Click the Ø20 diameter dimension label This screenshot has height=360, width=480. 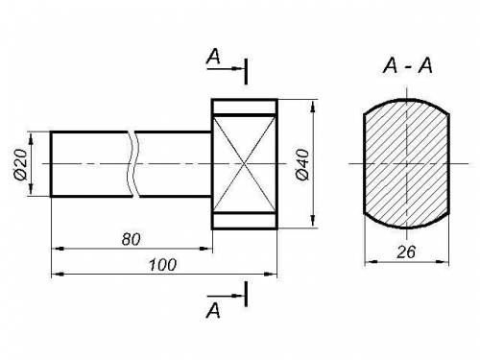(x=21, y=164)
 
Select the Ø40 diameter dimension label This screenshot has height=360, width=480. (x=302, y=164)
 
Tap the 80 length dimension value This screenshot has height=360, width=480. (x=131, y=239)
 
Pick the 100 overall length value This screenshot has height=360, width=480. (x=162, y=265)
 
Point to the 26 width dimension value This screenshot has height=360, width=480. (x=406, y=252)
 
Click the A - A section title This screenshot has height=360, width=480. (x=408, y=65)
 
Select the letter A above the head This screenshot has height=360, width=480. (x=213, y=57)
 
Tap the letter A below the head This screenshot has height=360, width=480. (x=213, y=310)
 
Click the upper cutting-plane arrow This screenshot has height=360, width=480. (x=226, y=68)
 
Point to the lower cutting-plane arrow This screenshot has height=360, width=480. (x=226, y=296)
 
